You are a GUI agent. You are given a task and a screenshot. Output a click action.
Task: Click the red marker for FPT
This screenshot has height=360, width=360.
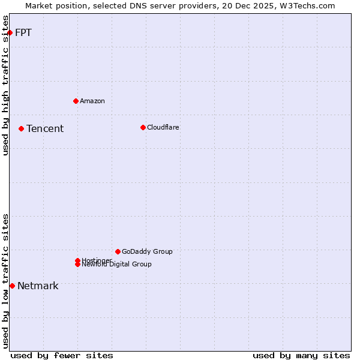[x=10, y=32]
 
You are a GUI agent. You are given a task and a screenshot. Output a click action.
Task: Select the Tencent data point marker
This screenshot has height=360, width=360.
[x=21, y=128]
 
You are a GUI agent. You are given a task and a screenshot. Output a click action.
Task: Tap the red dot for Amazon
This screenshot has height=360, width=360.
[x=76, y=101]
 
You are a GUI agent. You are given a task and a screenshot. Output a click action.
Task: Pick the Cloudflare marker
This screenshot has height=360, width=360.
[x=143, y=127]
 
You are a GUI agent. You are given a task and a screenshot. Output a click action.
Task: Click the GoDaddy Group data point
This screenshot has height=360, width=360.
[x=118, y=251]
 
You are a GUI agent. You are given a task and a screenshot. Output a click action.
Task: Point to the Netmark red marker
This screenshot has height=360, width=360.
[x=12, y=286]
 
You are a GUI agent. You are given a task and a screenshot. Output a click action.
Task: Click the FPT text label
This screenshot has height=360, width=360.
[x=23, y=32]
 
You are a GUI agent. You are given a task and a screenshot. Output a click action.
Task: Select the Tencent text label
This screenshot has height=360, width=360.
[x=45, y=128]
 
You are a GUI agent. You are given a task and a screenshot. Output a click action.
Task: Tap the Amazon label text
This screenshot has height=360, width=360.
[x=92, y=101]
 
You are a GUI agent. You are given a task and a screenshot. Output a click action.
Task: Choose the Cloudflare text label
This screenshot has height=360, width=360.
[x=163, y=127]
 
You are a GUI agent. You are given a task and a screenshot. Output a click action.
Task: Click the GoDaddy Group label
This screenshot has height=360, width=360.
[x=147, y=251]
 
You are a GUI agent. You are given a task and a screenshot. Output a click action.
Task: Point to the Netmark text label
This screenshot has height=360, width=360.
[x=38, y=286]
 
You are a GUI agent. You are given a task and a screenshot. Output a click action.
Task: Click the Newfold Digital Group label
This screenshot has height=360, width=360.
[x=117, y=265]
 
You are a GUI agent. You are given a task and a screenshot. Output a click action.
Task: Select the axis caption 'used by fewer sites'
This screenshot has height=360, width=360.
[x=62, y=355]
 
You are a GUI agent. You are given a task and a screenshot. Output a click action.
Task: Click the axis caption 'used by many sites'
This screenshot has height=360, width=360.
[x=301, y=355]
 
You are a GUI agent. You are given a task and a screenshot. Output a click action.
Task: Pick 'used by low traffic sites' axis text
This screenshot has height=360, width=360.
[x=6, y=280]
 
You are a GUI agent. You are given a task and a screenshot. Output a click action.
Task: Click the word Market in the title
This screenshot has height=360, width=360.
[x=39, y=5]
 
